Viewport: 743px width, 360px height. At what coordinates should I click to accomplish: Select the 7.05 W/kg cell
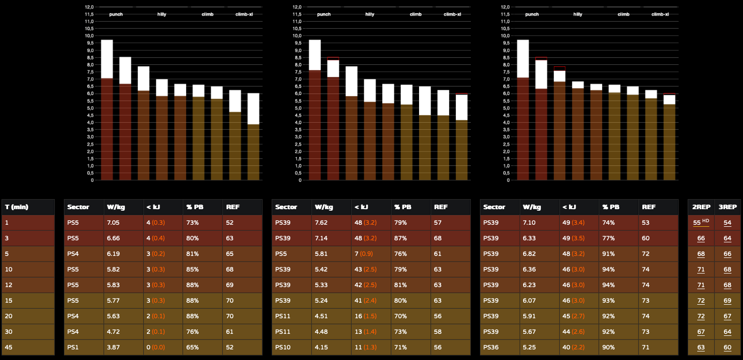[x=113, y=223]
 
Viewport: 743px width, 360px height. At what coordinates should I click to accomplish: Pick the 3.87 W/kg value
[x=113, y=347]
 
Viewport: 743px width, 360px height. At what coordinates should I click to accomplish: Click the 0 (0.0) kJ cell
[x=156, y=347]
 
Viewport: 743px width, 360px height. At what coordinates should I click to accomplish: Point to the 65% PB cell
[x=192, y=347]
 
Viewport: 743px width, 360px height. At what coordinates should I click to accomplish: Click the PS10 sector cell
[x=283, y=347]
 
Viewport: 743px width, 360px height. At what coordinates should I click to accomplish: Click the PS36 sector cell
[x=491, y=347]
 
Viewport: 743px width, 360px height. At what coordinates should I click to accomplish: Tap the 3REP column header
[x=727, y=207]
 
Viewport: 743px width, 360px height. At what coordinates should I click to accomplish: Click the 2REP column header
[x=701, y=207]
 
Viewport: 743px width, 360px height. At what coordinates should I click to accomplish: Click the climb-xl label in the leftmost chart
[x=244, y=14]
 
